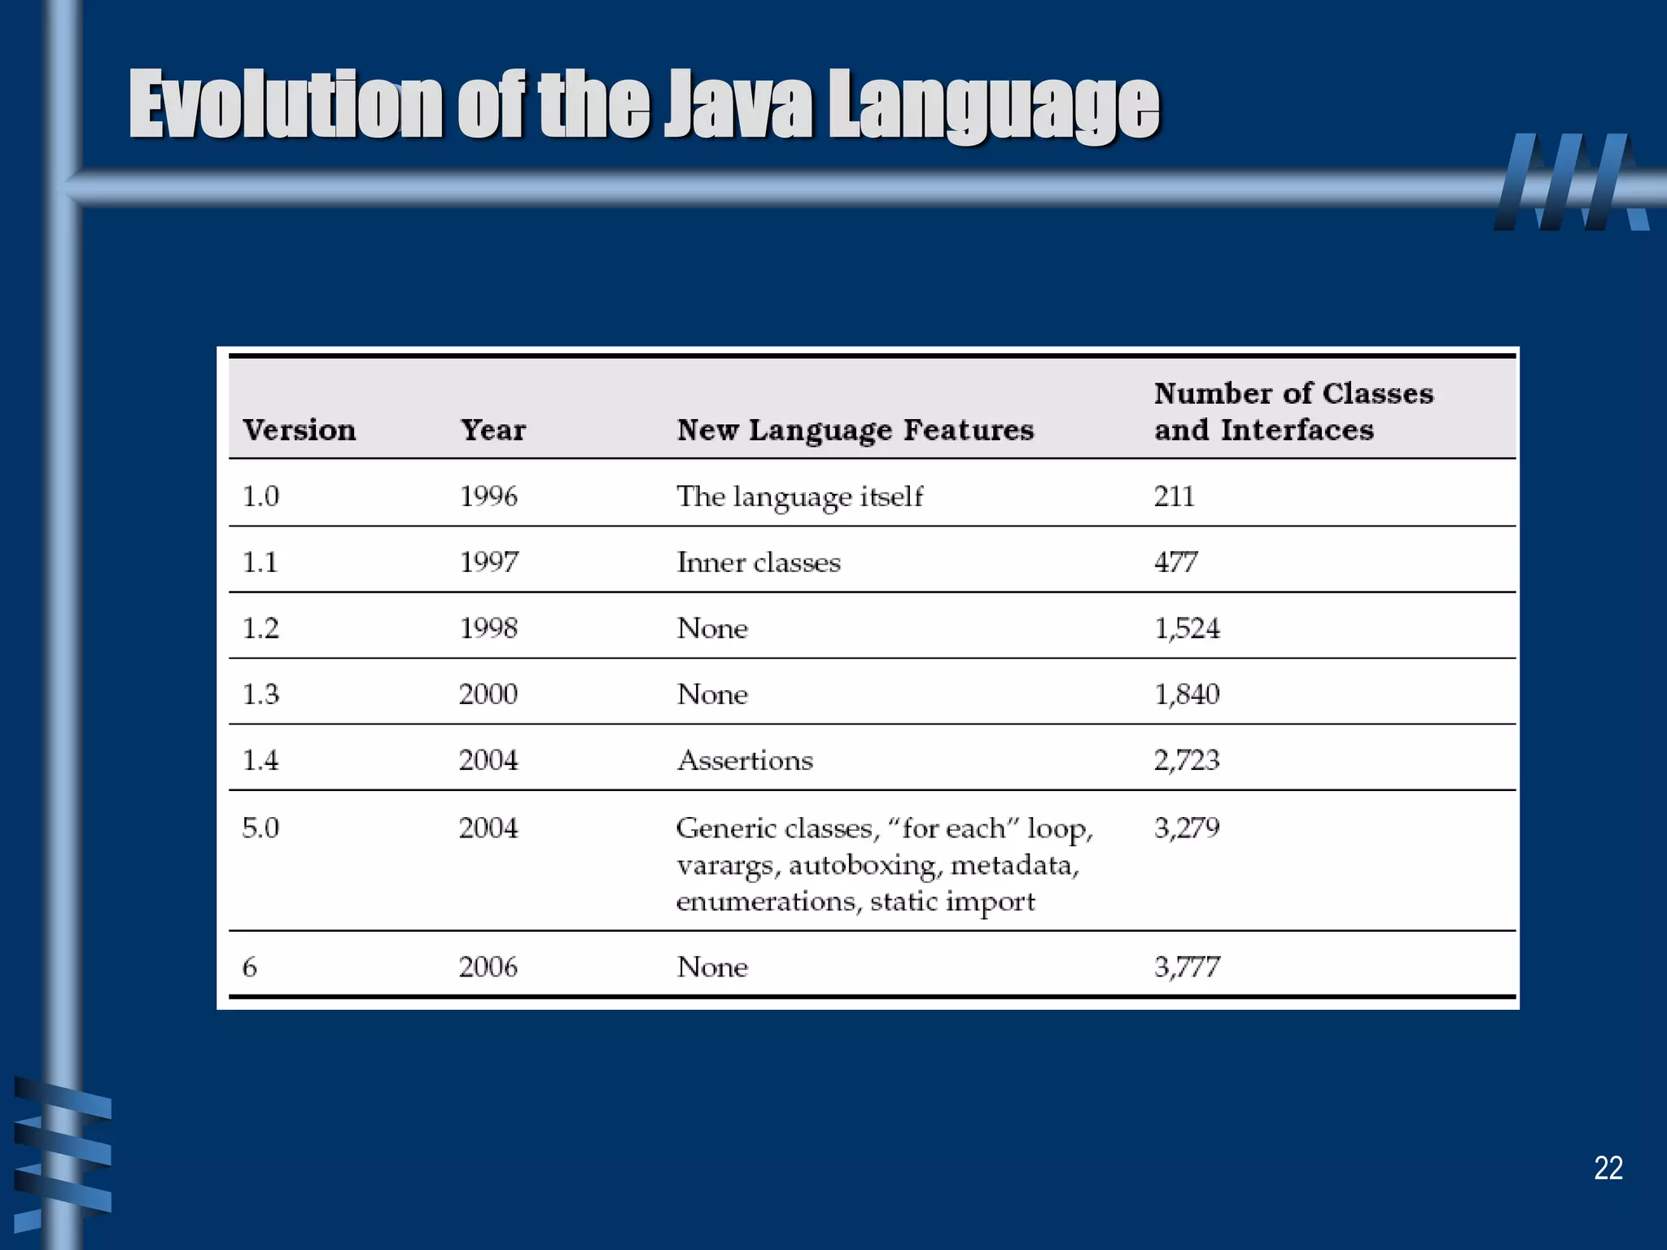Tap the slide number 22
pos(1608,1168)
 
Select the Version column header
pos(299,430)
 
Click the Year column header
pos(493,430)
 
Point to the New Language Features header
pos(855,430)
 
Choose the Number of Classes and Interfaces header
pos(1293,411)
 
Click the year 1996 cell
pos(488,496)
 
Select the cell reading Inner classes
pos(759,562)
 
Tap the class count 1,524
pos(1187,628)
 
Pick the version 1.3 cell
pos(260,694)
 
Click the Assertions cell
pos(745,760)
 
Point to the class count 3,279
pos(1187,828)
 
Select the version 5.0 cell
pos(260,828)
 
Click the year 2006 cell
pos(488,967)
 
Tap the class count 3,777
pos(1187,967)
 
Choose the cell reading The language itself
pos(800,496)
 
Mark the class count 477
pos(1175,562)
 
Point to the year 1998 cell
pos(488,628)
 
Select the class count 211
pos(1174,496)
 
